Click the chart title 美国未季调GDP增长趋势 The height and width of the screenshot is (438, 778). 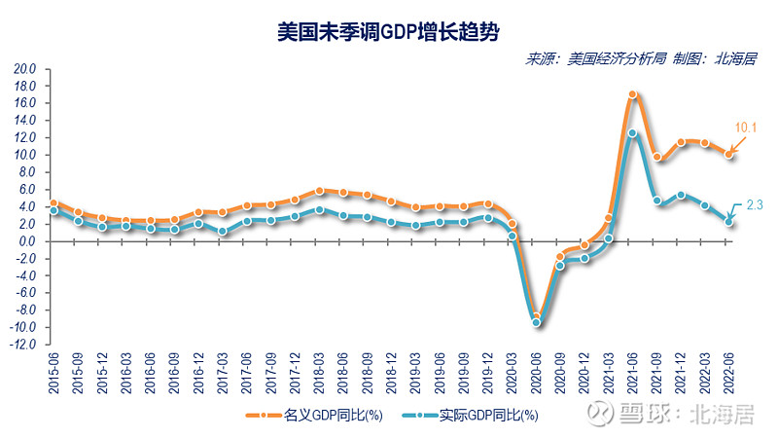tap(389, 31)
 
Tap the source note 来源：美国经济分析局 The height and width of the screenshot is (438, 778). tap(594, 58)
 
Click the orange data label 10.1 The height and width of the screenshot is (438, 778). tap(746, 128)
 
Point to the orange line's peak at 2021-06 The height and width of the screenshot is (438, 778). tap(633, 94)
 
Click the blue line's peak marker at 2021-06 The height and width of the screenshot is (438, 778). tap(633, 133)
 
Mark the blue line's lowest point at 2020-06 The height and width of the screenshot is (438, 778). tap(537, 322)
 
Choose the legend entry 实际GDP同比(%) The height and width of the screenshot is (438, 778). tap(477, 416)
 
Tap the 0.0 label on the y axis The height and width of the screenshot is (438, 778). tap(25, 240)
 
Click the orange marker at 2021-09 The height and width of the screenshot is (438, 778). tap(657, 157)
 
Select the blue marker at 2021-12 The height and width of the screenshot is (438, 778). tap(682, 196)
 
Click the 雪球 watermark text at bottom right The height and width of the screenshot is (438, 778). tap(637, 416)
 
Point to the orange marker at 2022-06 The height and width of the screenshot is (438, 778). tap(729, 154)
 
